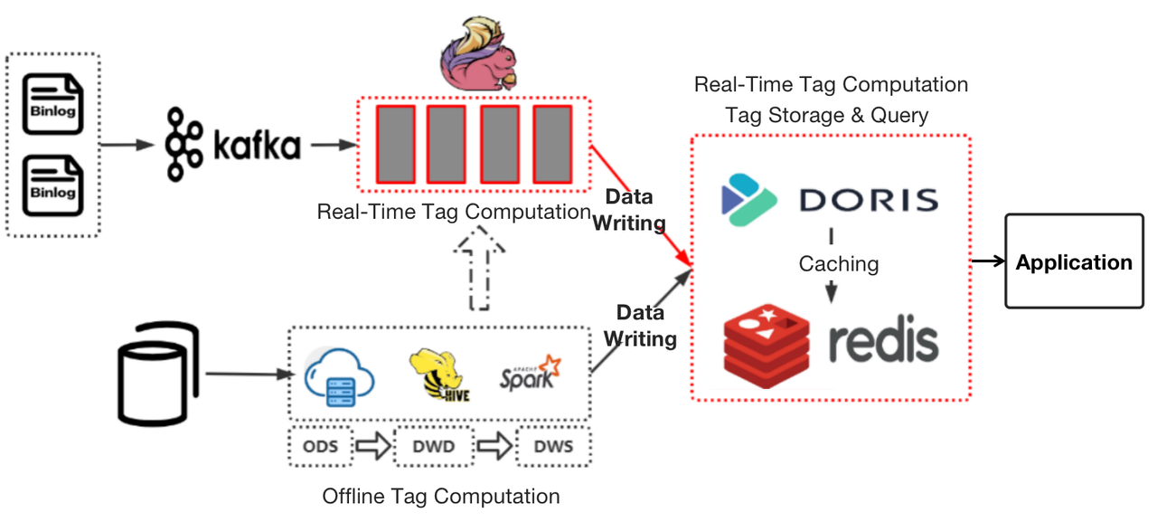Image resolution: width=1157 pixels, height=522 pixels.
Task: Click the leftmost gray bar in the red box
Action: coord(395,145)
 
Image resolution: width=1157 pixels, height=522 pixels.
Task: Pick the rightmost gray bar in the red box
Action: coord(552,145)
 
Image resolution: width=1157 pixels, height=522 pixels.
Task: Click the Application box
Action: coord(1074,262)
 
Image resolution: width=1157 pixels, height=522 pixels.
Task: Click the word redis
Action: coord(883,342)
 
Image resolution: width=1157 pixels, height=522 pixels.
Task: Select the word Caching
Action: coord(838,264)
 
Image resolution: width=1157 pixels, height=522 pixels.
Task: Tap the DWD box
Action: coord(434,447)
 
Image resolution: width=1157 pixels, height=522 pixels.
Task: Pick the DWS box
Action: coord(552,447)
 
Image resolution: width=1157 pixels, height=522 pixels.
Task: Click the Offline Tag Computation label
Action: coord(440,497)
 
